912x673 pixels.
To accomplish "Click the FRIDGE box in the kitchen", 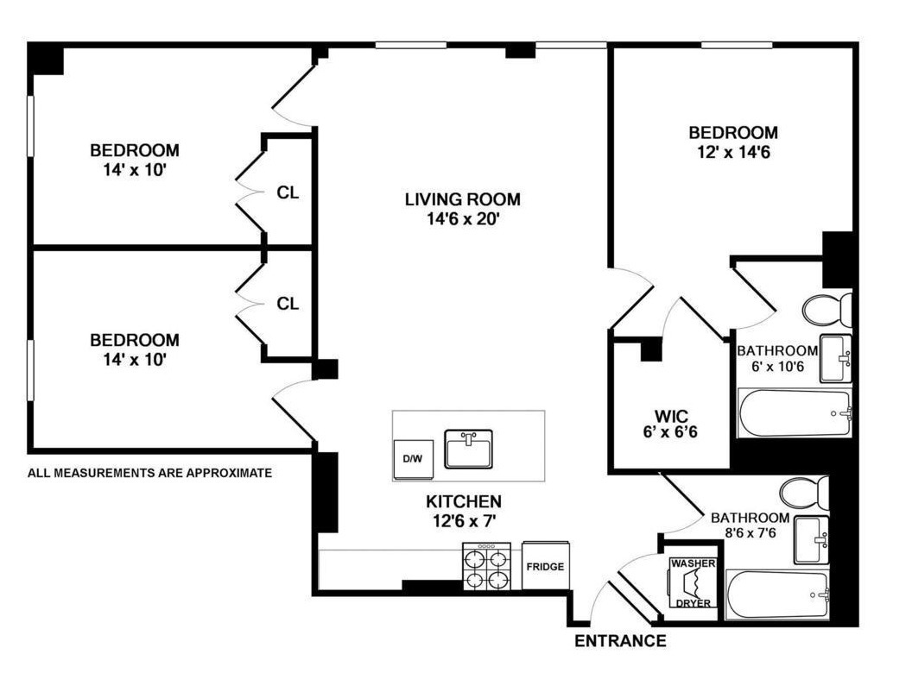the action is [x=545, y=566].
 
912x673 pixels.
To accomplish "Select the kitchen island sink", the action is [x=468, y=449].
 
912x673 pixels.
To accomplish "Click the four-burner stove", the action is [x=486, y=567].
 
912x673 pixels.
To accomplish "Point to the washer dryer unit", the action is [x=693, y=583].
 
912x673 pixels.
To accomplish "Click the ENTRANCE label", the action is [x=620, y=641].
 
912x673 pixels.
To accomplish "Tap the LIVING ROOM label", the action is [x=463, y=200].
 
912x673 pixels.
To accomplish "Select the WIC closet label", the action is [x=665, y=412].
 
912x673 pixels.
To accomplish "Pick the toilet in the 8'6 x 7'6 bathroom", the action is [x=804, y=494].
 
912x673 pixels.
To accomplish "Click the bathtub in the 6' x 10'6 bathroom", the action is [x=795, y=414].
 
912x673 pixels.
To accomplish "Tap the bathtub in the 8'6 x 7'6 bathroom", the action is [x=777, y=594].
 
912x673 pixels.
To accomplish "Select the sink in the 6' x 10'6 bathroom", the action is [x=835, y=358].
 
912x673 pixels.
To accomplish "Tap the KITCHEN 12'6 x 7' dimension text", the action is [x=463, y=519].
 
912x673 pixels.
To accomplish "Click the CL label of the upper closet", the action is [x=288, y=192].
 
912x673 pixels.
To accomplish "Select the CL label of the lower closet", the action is [x=288, y=304].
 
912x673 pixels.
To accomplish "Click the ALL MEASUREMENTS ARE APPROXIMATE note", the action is [x=150, y=473].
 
